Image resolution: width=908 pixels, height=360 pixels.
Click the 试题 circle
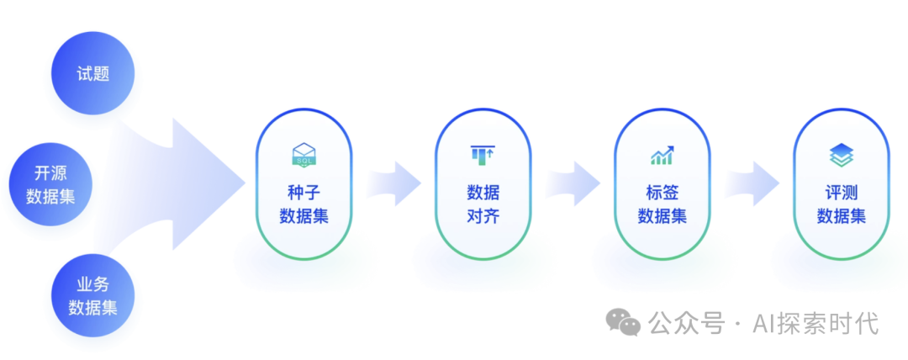[x=93, y=73]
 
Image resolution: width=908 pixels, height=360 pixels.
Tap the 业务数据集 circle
[x=93, y=294]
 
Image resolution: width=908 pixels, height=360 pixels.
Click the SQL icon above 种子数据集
[x=304, y=154]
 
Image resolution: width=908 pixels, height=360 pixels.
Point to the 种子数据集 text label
[x=304, y=204]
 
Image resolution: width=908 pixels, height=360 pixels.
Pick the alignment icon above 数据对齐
[x=483, y=154]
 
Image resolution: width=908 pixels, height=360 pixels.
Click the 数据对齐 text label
[x=483, y=204]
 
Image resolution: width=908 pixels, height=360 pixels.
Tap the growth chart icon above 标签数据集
[x=662, y=155]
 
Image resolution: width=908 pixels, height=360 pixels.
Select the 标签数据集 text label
[x=662, y=204]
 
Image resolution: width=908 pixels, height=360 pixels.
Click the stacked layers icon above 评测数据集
[x=841, y=154]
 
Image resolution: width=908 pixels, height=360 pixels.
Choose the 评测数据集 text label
[x=841, y=204]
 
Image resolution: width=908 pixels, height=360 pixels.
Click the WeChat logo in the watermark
[x=624, y=322]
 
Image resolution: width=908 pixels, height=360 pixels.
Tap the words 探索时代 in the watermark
[x=827, y=323]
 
